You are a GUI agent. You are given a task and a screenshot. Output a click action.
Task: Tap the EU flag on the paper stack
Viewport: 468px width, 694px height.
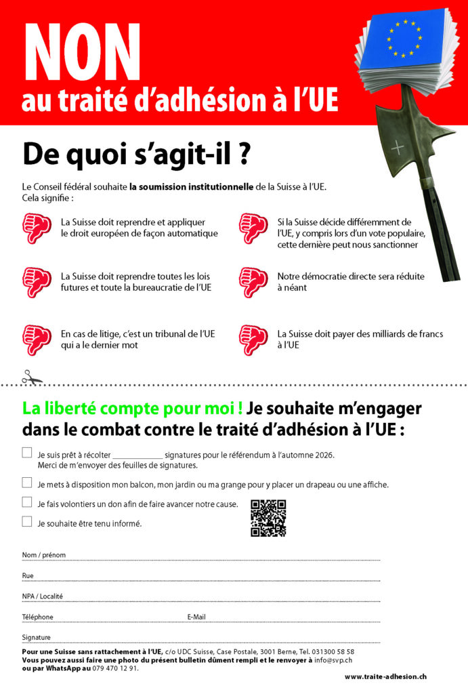[x=405, y=39]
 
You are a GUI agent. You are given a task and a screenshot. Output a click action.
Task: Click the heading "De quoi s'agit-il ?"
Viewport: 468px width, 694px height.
[x=135, y=154]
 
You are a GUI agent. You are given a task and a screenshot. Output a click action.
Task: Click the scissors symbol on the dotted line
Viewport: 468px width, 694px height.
[x=31, y=377]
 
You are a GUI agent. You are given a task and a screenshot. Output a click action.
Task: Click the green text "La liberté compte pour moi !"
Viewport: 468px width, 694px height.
[x=133, y=409]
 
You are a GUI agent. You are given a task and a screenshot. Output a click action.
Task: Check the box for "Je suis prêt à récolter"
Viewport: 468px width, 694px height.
[x=27, y=453]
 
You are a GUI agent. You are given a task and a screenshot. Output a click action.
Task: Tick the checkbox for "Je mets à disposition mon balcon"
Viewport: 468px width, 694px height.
[x=27, y=483]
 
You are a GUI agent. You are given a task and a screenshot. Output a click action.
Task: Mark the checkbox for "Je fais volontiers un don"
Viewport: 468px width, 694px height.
[x=27, y=503]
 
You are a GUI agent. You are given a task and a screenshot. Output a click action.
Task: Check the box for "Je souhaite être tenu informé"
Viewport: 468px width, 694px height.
[x=27, y=523]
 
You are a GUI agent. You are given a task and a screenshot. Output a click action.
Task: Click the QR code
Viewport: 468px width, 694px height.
[x=268, y=518]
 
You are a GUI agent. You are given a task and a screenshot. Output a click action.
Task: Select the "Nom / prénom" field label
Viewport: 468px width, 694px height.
[x=44, y=555]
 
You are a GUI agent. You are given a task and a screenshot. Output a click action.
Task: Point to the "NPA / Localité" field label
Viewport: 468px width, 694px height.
[x=43, y=596]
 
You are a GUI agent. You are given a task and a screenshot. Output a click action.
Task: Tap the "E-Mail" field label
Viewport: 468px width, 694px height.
[x=196, y=617]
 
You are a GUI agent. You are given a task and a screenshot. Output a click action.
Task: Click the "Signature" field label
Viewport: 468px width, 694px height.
[x=37, y=638]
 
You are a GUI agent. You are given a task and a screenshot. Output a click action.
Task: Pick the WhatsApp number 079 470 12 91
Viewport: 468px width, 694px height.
[x=116, y=668]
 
